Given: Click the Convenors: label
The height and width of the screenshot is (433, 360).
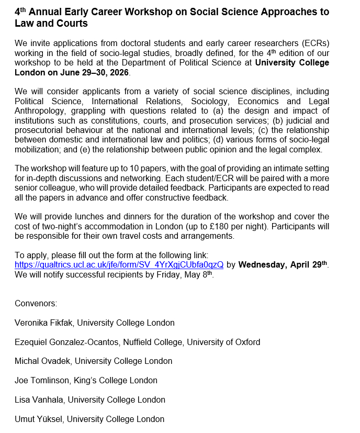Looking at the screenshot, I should click(x=36, y=303).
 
